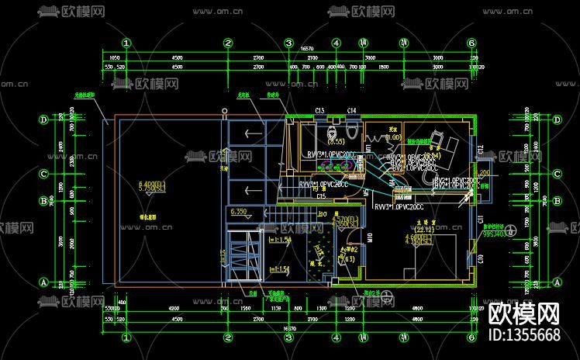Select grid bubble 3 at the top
click(288, 43)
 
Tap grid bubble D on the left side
click(43, 119)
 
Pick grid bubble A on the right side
click(557, 282)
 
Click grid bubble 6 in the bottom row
click(471, 338)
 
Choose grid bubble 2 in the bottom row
click(228, 338)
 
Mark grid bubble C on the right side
click(557, 174)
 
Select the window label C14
click(352, 111)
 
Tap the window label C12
click(481, 149)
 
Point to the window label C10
click(481, 258)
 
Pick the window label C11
click(481, 220)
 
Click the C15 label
click(320, 197)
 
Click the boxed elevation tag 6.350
click(239, 211)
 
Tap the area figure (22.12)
click(424, 229)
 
